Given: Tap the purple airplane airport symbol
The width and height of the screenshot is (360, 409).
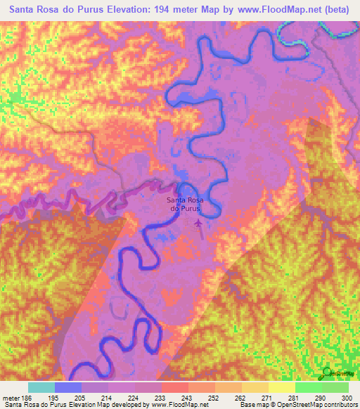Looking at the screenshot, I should (x=198, y=224).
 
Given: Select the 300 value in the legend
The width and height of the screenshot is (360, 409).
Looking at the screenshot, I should (x=348, y=398).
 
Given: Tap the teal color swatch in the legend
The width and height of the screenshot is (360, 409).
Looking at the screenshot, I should (x=41, y=387).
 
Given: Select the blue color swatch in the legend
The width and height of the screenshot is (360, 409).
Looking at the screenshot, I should (x=68, y=387).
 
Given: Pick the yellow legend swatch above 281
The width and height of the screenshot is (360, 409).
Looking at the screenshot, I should (x=281, y=387).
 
